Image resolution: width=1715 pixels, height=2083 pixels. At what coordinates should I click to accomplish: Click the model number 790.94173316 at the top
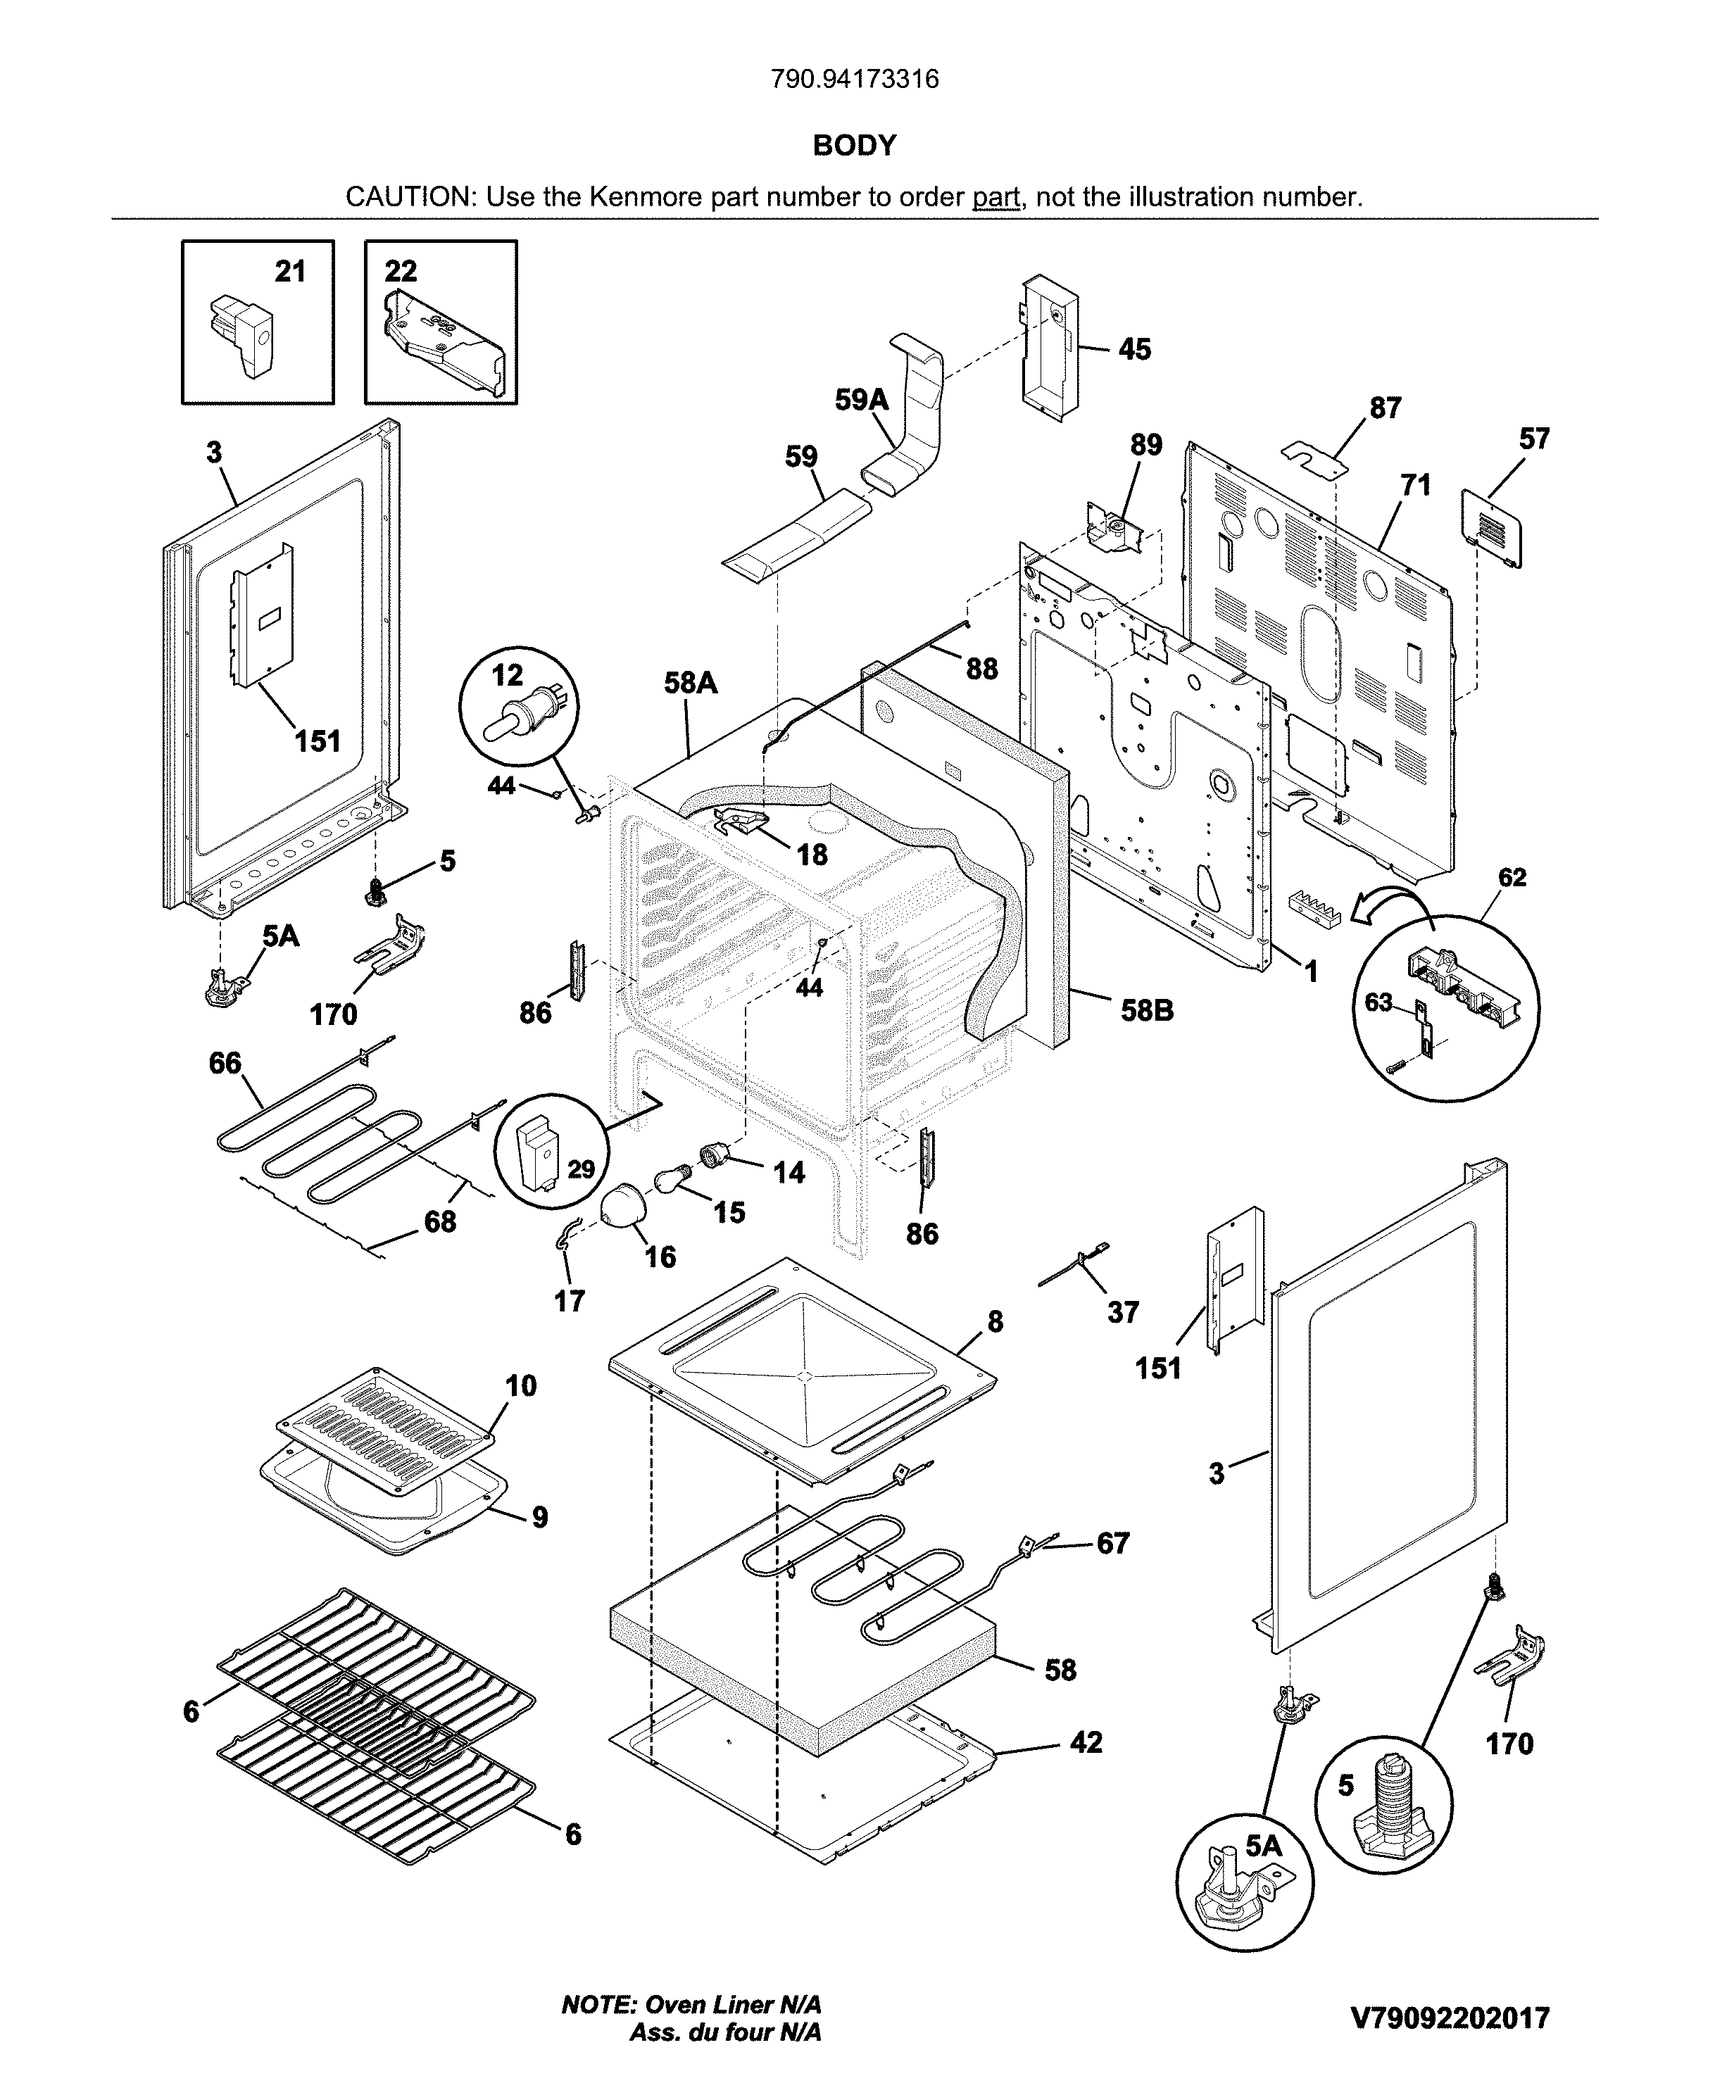click(x=855, y=79)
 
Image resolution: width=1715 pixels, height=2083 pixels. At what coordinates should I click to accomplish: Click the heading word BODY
click(x=855, y=146)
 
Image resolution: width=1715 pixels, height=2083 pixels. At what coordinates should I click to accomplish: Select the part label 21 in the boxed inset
click(x=289, y=272)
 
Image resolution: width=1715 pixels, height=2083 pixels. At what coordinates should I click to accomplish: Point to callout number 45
click(x=1134, y=350)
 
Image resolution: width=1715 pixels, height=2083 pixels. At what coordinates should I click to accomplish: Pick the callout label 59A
click(x=862, y=400)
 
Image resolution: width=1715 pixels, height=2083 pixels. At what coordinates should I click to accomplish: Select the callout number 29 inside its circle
click(x=581, y=1169)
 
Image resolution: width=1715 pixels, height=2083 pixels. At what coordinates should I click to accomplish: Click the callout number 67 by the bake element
click(x=1112, y=1543)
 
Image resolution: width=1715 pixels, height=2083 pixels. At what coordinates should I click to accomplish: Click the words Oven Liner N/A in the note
click(x=732, y=2005)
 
